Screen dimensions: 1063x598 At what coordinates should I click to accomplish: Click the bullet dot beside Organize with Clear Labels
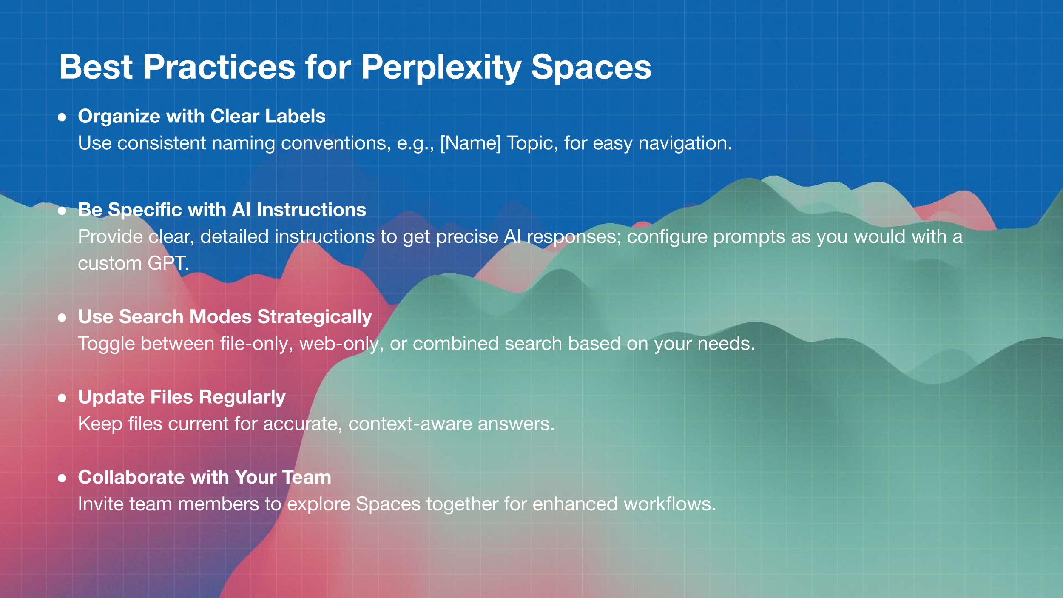tap(62, 117)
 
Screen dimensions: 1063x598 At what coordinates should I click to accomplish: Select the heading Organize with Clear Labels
tap(202, 117)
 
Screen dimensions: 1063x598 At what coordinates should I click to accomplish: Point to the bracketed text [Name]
tap(470, 143)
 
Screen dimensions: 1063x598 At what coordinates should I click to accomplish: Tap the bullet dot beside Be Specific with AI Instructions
tap(62, 211)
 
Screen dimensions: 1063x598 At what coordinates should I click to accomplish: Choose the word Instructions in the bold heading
tap(311, 210)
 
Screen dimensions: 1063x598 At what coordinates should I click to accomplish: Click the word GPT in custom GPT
tap(168, 263)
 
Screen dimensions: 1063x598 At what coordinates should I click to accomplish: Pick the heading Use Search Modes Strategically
tap(225, 317)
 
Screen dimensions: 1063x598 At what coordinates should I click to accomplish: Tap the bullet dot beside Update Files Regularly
tap(62, 398)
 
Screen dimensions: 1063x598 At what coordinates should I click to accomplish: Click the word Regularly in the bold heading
tap(242, 398)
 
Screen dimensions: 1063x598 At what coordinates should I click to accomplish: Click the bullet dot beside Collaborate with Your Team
tap(62, 478)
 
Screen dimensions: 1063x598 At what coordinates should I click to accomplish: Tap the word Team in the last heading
tap(307, 477)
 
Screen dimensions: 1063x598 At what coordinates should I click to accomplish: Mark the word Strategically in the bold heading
tap(315, 317)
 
